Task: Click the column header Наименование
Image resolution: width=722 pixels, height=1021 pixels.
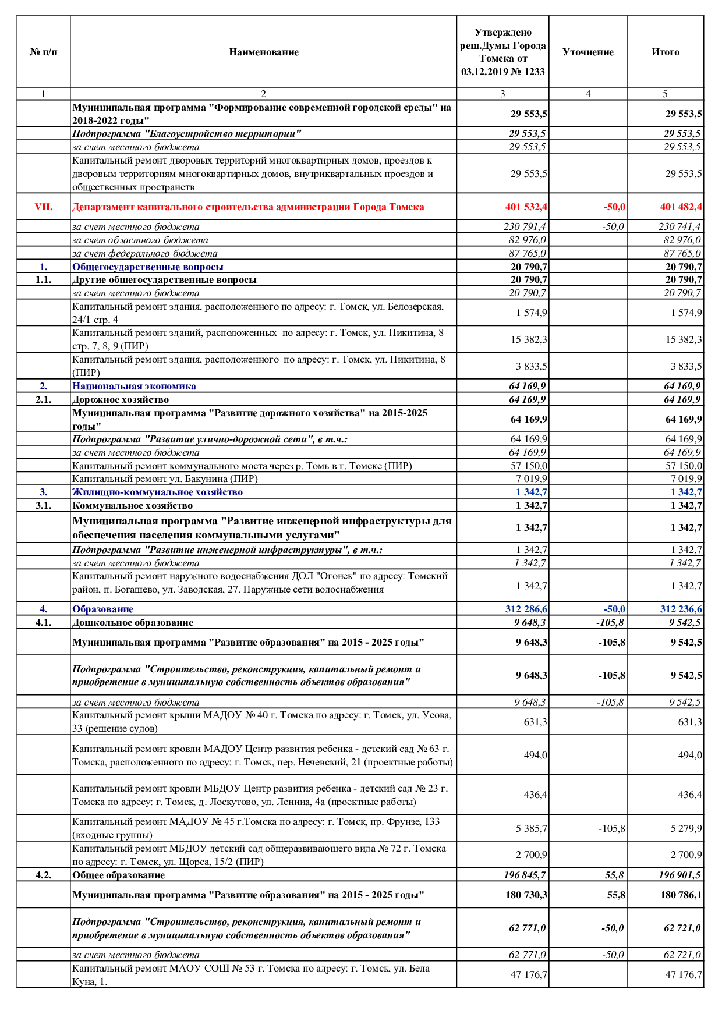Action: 263,52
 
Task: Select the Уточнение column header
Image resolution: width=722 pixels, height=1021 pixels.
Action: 587,52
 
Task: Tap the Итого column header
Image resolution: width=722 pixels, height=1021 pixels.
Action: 665,52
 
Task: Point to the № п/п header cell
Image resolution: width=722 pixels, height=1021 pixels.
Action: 43,52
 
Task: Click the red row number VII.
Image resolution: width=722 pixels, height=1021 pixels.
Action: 43,207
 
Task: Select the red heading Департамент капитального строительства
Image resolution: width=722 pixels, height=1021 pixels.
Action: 248,207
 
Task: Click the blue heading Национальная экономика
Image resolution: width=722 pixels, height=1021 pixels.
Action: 134,386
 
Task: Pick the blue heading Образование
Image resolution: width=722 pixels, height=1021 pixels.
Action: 102,609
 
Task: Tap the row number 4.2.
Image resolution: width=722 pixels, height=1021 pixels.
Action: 43,875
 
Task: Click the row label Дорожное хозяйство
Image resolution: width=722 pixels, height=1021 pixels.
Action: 121,399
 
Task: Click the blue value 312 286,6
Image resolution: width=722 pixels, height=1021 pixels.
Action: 526,609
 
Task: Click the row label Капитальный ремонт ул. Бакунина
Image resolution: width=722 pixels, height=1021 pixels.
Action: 165,478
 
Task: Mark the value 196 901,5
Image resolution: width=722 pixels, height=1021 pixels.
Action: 679,875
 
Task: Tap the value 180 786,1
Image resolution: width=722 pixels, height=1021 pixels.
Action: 681,895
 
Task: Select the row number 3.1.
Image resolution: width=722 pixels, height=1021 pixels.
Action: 43,505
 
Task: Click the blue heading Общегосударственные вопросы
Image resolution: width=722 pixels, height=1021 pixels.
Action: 148,267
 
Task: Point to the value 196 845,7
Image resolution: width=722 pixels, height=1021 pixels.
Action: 525,875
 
